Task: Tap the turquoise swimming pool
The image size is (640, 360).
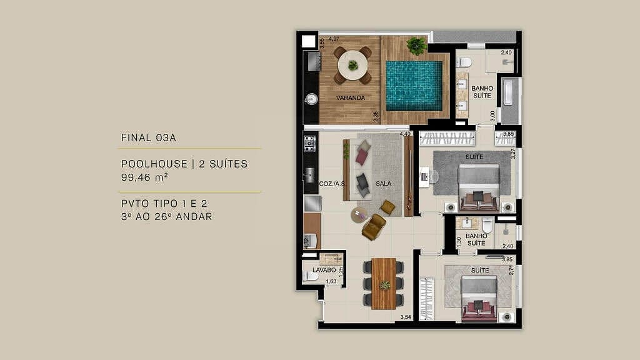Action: [x=413, y=85]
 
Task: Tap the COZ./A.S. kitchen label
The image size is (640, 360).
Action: [x=332, y=184]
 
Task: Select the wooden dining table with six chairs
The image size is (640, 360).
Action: [x=384, y=284]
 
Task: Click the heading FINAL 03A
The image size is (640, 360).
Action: [x=147, y=137]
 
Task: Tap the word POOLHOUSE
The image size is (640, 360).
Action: [x=154, y=164]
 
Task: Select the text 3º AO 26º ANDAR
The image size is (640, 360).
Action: [x=167, y=217]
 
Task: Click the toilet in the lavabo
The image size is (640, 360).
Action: [x=310, y=276]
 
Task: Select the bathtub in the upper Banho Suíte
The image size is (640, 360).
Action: [x=509, y=101]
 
